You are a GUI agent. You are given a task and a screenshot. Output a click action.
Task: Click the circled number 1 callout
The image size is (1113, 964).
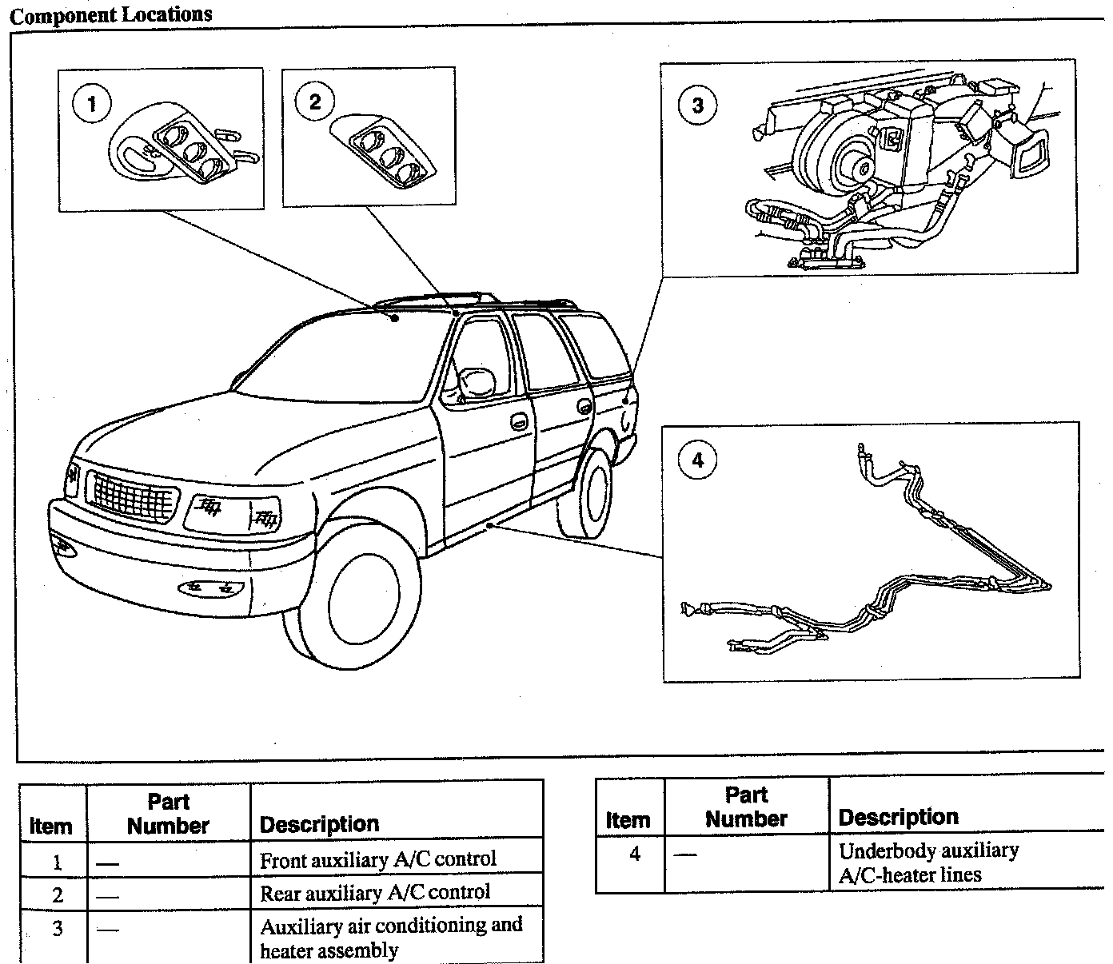coord(93,105)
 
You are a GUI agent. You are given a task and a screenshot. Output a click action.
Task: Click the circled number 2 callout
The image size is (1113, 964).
coord(314,102)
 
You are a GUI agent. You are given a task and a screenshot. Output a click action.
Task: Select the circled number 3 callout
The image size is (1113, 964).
coord(697,105)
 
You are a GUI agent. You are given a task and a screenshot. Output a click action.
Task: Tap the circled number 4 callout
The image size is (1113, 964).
coord(697,460)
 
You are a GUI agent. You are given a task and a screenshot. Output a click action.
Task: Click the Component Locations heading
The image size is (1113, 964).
coord(111,14)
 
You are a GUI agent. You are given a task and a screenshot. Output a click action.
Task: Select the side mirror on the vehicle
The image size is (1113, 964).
coord(480,382)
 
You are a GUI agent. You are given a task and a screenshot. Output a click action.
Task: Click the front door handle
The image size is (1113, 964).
coord(518,421)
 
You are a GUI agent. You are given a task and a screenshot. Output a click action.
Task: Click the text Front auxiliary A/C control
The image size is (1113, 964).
coord(378,860)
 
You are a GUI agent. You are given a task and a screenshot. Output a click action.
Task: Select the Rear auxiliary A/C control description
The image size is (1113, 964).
coord(375,892)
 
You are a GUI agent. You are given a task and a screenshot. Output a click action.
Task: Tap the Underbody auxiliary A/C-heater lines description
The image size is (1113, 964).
coord(927,862)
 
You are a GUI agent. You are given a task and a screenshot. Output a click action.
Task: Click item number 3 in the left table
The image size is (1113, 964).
coord(57,930)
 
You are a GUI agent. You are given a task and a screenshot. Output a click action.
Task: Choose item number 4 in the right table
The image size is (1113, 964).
coord(634,854)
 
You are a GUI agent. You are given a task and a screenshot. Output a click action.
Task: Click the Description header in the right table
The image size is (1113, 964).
coord(898,817)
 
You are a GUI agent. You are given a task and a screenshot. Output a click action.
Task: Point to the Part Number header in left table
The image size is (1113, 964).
coord(168,814)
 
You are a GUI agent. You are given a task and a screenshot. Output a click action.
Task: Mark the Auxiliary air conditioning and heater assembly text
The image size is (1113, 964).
coord(391,938)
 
